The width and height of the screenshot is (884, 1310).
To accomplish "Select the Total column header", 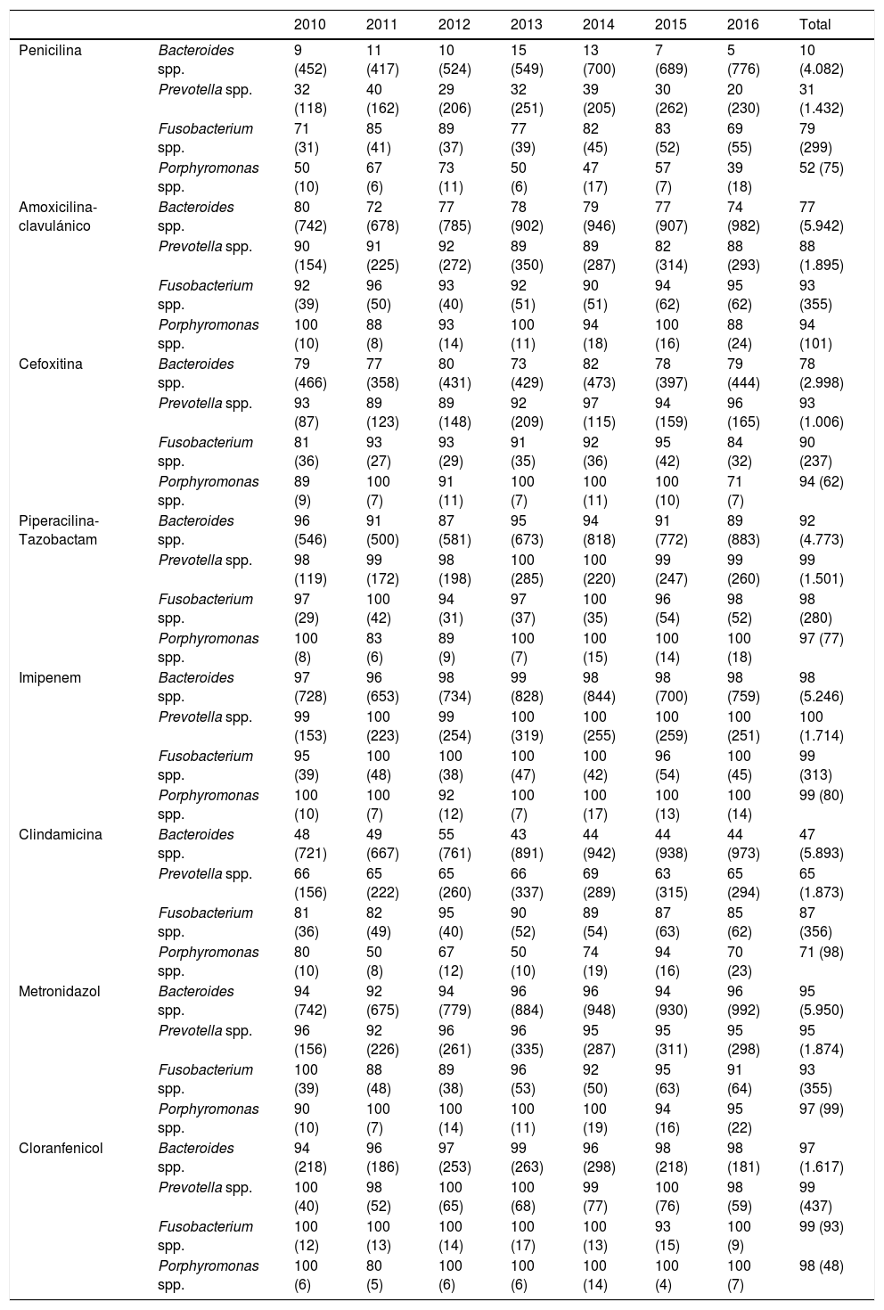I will click(x=816, y=25).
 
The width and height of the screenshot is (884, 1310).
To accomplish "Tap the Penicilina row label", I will click(x=50, y=51).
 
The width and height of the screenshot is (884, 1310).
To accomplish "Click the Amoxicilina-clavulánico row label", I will click(x=58, y=217).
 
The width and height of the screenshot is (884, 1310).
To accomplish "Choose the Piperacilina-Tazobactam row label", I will click(x=59, y=530).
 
